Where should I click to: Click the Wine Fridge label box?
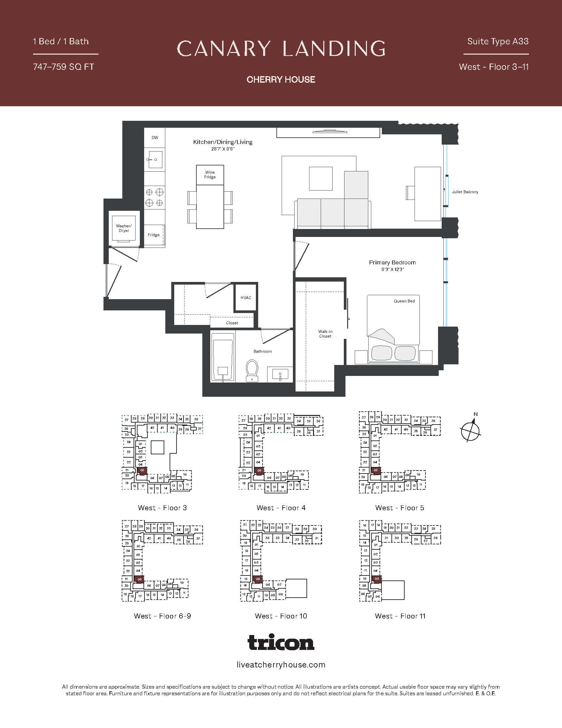210,175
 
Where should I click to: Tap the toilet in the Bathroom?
252,370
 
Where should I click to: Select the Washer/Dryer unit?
124,228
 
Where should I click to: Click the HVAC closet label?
246,298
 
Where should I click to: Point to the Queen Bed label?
404,301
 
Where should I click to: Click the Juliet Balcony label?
465,192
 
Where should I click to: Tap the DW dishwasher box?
155,138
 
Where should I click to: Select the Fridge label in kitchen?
153,235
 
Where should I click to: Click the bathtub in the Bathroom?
222,360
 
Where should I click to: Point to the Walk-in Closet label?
325,334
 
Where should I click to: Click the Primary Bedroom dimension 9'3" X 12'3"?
392,269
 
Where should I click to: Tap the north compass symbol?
471,432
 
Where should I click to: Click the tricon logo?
281,642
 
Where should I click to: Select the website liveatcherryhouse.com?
281,665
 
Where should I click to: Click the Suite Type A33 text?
498,41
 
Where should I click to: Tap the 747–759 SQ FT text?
63,67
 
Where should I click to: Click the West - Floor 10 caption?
281,616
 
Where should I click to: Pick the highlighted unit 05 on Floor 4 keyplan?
259,470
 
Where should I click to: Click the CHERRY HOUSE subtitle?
281,79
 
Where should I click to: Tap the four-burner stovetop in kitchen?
154,197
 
